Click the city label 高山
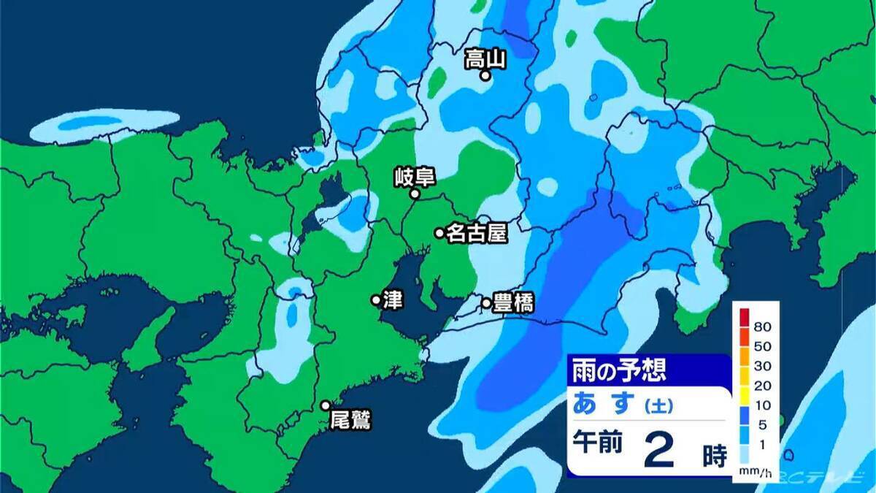[x=485, y=58]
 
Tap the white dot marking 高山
[x=484, y=74]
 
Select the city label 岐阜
[x=414, y=177]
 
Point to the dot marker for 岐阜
[x=414, y=194]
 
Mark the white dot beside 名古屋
[x=439, y=233]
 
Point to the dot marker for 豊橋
[x=486, y=302]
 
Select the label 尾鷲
[x=350, y=421]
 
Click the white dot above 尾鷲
[x=326, y=405]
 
